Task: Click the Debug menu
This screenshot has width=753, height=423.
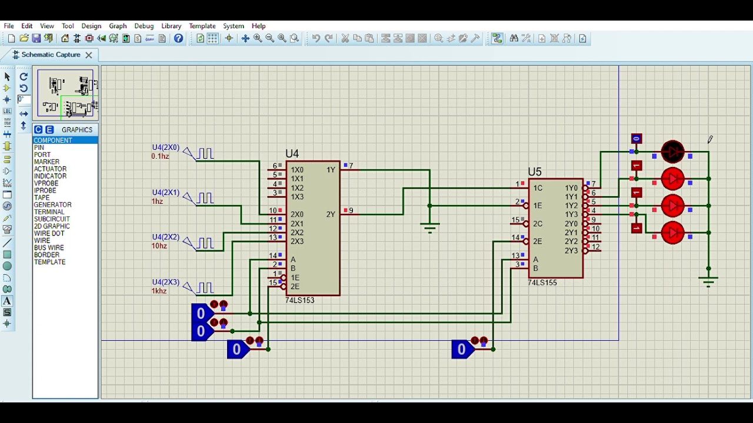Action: click(144, 26)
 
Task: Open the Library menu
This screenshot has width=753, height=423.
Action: click(171, 26)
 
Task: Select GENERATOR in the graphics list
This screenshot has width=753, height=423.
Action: click(52, 204)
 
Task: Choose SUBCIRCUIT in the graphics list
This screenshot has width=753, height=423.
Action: click(52, 219)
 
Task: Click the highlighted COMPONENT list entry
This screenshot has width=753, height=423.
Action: click(53, 140)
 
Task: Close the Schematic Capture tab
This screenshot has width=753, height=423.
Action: click(89, 55)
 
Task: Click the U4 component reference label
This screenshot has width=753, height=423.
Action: click(292, 154)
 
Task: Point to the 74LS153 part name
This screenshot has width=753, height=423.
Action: click(299, 300)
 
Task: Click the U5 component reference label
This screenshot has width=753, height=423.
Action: click(534, 172)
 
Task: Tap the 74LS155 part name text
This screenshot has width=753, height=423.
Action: click(542, 283)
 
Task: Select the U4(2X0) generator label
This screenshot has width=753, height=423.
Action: click(165, 147)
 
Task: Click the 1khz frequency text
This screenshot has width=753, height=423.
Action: click(159, 291)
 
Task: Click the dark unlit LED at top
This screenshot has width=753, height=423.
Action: click(672, 152)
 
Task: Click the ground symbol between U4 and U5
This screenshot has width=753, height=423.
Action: click(430, 228)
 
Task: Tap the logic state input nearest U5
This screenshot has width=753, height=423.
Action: click(462, 350)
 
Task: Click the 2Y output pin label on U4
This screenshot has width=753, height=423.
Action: click(331, 214)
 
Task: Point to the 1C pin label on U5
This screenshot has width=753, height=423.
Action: click(538, 188)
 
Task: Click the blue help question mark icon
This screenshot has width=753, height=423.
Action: click(179, 39)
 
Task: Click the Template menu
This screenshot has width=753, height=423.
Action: click(202, 26)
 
